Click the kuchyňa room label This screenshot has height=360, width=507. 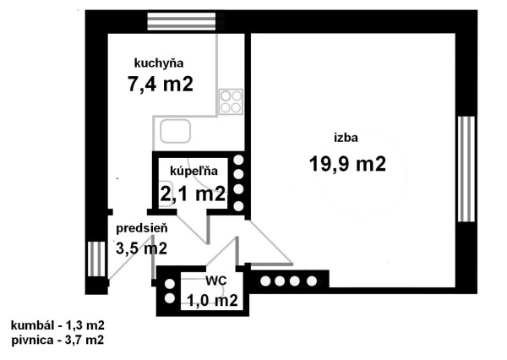pyautogui.click(x=159, y=63)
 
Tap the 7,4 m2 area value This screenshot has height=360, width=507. pyautogui.click(x=161, y=85)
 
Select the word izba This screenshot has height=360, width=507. pyautogui.click(x=346, y=138)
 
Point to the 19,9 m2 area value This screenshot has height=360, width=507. pyautogui.click(x=347, y=164)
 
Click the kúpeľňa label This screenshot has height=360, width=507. pyautogui.click(x=194, y=171)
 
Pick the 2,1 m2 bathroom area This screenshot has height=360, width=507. pyautogui.click(x=193, y=194)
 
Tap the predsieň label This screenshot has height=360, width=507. pyautogui.click(x=142, y=228)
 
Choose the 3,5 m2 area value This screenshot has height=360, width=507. pyautogui.click(x=141, y=248)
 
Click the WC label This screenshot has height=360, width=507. pyautogui.click(x=216, y=281)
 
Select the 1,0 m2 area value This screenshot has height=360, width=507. pyautogui.click(x=212, y=301)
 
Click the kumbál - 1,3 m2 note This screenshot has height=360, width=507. pyautogui.click(x=57, y=325)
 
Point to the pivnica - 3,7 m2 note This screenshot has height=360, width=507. pyautogui.click(x=57, y=340)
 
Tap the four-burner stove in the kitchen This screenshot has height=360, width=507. pyautogui.click(x=231, y=101)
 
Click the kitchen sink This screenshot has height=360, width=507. pyautogui.click(x=175, y=131)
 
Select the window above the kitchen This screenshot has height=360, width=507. pyautogui.click(x=182, y=21)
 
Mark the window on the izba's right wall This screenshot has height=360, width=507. pyautogui.click(x=466, y=169)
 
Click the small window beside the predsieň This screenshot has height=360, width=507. pyautogui.click(x=96, y=259)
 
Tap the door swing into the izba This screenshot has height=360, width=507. pyautogui.click(x=270, y=243)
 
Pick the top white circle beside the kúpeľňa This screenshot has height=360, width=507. pyautogui.click(x=238, y=160)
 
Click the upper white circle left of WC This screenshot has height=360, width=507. pyautogui.click(x=170, y=284)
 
